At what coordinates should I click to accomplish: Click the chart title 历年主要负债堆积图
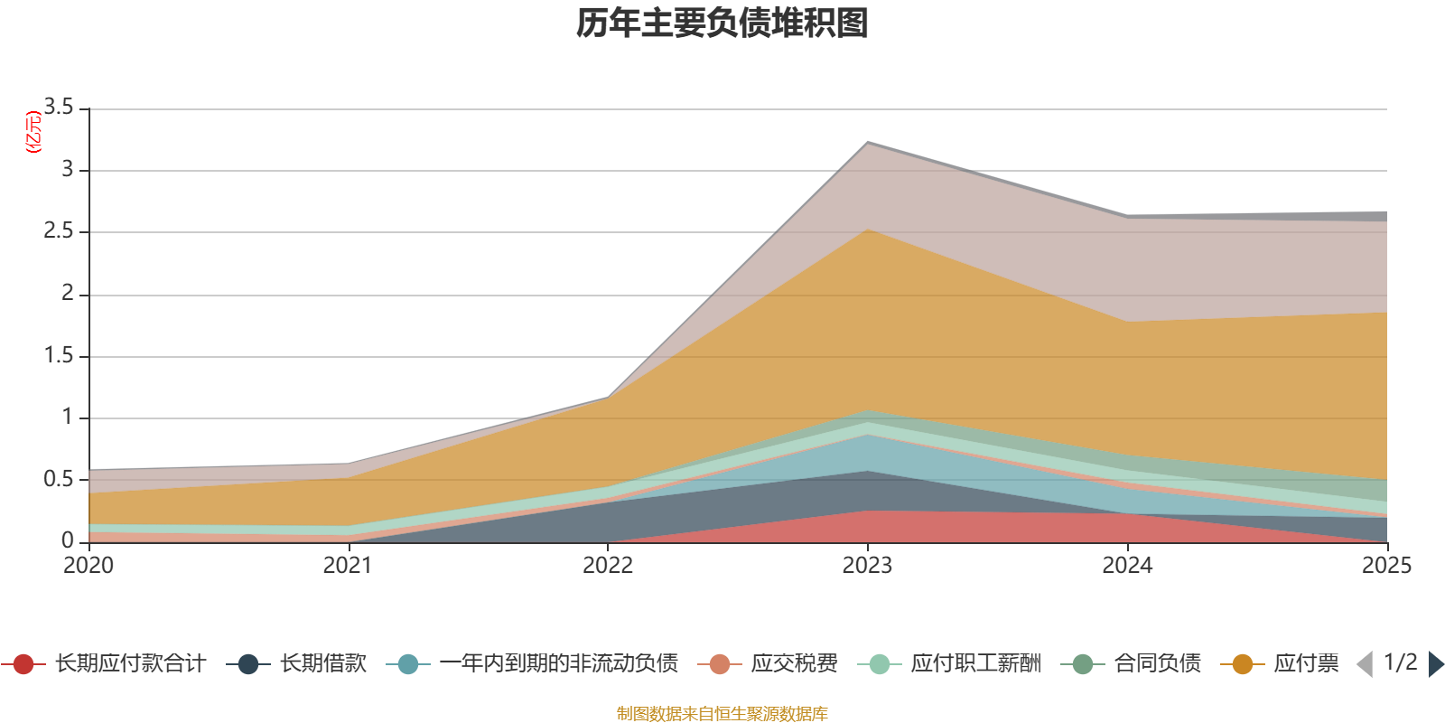click(722, 23)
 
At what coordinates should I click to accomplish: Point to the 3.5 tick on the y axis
click(60, 108)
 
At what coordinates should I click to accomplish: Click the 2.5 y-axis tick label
click(60, 231)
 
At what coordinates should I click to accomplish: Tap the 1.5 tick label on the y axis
click(60, 355)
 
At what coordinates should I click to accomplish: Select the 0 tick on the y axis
click(68, 540)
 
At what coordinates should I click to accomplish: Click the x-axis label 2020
click(89, 566)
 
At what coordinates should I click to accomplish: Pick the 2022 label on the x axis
click(608, 566)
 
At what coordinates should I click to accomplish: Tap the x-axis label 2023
click(867, 566)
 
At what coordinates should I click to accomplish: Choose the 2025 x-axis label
click(1385, 566)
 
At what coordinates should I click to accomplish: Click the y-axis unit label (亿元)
click(34, 132)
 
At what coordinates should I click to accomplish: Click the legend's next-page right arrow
click(1436, 664)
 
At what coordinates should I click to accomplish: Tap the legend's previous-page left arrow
click(1365, 664)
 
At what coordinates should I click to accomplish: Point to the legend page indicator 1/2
click(1401, 662)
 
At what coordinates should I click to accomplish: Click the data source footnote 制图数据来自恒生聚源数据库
click(722, 714)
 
